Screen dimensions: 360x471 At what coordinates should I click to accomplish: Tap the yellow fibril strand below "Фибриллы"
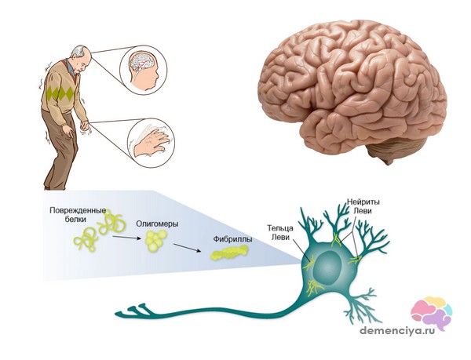[x=228, y=253]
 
